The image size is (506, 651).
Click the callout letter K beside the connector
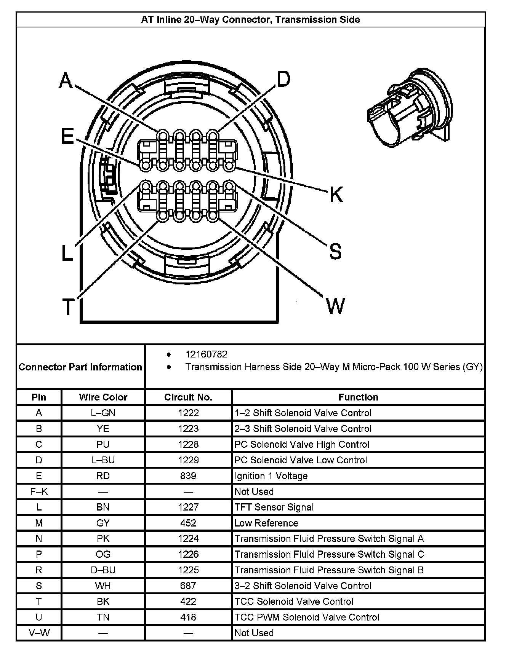click(x=336, y=195)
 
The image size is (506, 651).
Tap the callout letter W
click(x=335, y=306)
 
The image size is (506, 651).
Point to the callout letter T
click(x=68, y=307)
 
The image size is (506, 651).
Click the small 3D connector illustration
click(x=410, y=108)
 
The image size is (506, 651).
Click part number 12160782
click(x=206, y=354)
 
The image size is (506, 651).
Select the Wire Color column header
click(x=103, y=397)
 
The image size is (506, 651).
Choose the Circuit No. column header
click(x=188, y=397)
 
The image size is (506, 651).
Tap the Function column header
click(x=358, y=397)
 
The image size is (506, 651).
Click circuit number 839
click(x=188, y=476)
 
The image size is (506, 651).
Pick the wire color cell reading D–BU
click(x=103, y=570)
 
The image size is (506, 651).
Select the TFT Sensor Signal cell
click(x=274, y=507)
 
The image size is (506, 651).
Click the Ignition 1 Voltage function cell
click(x=271, y=476)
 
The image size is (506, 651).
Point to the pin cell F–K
click(x=39, y=491)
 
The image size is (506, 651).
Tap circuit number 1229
click(x=188, y=460)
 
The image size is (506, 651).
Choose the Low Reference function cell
click(x=266, y=523)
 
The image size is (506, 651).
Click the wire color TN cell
click(x=103, y=617)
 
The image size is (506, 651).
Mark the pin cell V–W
click(x=39, y=633)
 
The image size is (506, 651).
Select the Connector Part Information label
click(x=80, y=367)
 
